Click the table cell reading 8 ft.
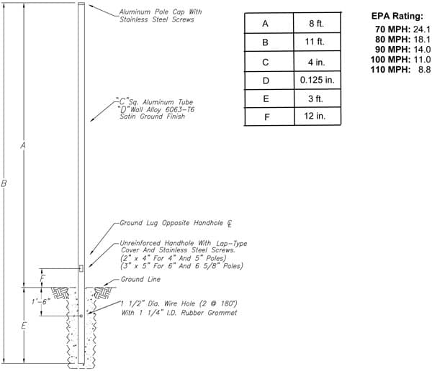coord(316,24)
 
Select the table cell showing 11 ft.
coord(315,42)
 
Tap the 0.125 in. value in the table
coord(317,80)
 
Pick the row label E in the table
coord(266,99)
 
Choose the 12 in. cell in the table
coord(315,116)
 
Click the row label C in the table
coord(265,63)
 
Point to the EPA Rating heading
coord(397,16)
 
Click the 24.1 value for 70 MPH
coord(421,29)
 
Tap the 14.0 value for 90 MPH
coord(422,50)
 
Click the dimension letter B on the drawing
coord(4,183)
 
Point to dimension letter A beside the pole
coord(23,145)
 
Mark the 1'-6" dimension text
coord(40,302)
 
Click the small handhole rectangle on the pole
coord(81,268)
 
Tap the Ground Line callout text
coord(140,280)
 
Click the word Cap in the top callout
coord(179,12)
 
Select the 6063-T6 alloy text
coord(180,109)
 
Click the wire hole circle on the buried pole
coord(81,316)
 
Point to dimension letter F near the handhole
coord(42,278)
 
